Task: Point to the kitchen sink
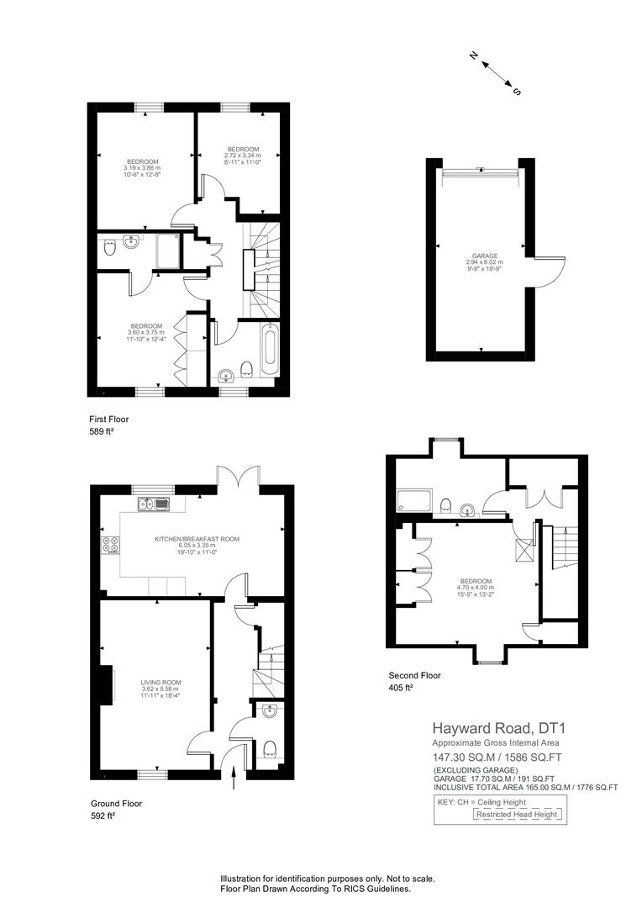pyautogui.click(x=154, y=504)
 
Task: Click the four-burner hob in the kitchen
pyautogui.click(x=112, y=545)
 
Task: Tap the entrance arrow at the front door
pyautogui.click(x=234, y=777)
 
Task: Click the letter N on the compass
pyautogui.click(x=473, y=55)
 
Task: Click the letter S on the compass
pyautogui.click(x=517, y=92)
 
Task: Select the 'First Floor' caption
pyautogui.click(x=109, y=419)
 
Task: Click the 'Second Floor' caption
pyautogui.click(x=414, y=675)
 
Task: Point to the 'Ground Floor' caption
pyautogui.click(x=116, y=803)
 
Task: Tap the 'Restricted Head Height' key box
pyautogui.click(x=517, y=814)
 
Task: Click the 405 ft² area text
pyautogui.click(x=401, y=688)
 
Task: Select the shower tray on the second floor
pyautogui.click(x=414, y=500)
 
